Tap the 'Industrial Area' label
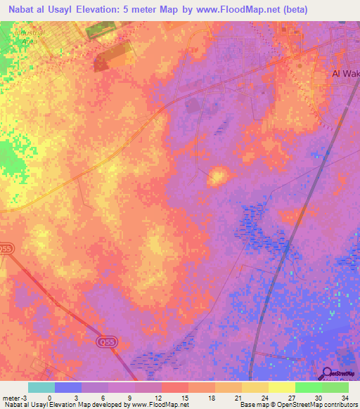point(27,37)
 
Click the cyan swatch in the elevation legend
point(41,387)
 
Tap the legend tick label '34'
point(345,398)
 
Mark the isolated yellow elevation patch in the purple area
point(218,176)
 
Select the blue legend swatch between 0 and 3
point(68,387)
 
